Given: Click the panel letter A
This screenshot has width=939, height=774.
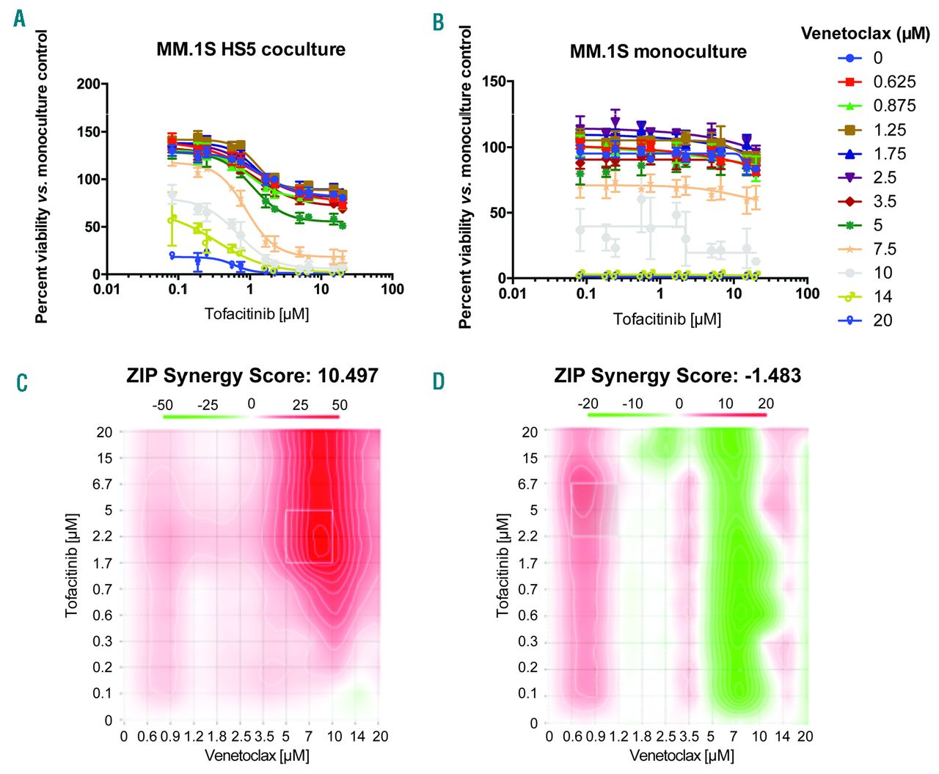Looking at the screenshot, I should (19, 19).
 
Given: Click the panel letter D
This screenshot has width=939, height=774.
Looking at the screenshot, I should (439, 381).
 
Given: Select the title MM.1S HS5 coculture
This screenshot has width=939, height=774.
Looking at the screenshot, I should (251, 50).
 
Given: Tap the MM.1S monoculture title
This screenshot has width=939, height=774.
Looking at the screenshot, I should (658, 52).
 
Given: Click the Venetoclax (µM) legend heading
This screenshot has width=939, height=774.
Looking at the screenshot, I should (865, 34).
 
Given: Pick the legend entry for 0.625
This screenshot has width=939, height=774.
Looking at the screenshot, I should (894, 82).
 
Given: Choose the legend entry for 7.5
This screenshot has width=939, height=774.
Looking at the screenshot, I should (884, 249).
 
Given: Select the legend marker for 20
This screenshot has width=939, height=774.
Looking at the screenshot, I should (850, 321).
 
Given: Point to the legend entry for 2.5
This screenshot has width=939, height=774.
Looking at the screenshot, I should (884, 178).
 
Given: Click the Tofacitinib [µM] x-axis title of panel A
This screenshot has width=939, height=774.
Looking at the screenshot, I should (257, 315).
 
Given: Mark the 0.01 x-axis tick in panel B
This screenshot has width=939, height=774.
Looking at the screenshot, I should (512, 293).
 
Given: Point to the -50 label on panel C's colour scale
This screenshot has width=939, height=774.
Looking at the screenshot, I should (162, 405).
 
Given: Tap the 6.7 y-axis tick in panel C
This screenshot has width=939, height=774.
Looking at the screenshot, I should (104, 484).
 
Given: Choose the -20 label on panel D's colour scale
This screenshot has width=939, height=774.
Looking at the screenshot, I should (588, 404).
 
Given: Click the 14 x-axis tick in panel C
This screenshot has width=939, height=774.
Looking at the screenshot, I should (357, 737).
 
